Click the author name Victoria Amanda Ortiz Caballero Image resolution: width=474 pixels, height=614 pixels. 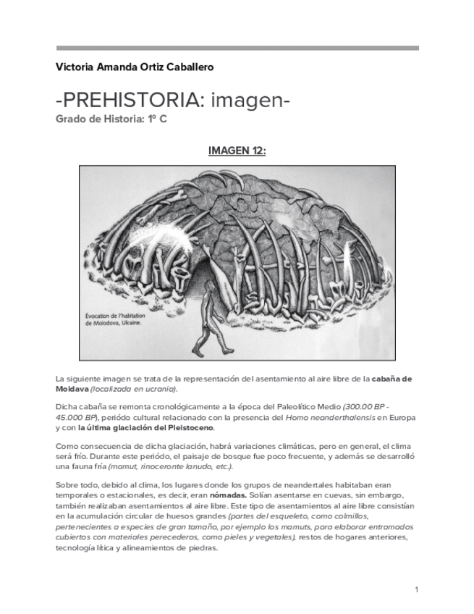[x=135, y=67]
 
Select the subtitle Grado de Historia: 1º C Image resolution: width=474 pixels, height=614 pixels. [x=111, y=119]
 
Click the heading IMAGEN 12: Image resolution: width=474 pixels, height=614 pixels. [x=237, y=151]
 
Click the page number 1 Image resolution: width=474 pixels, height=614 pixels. [x=416, y=589]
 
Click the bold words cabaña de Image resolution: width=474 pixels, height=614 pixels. [x=397, y=379]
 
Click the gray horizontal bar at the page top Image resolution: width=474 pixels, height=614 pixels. [x=237, y=49]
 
